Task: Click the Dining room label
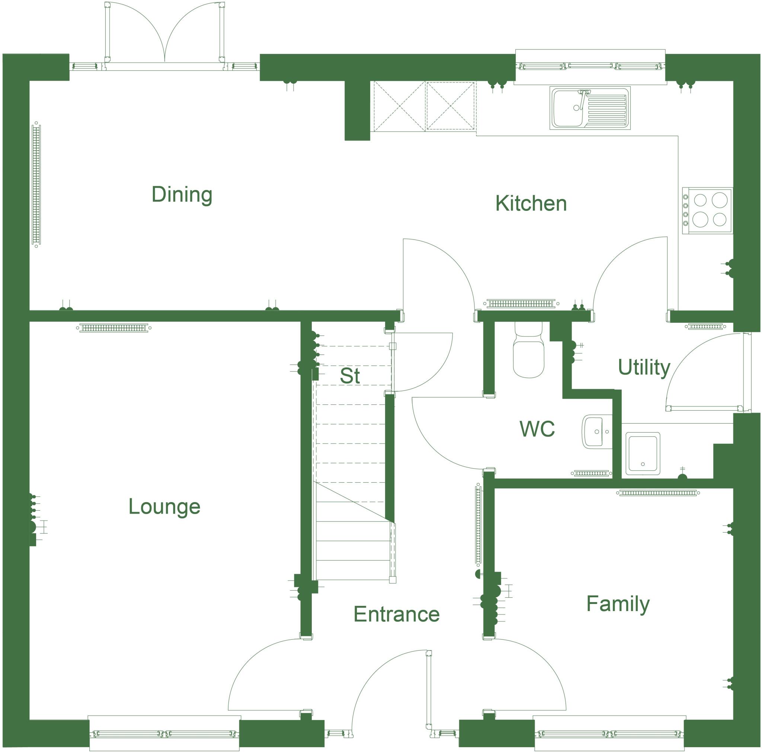(x=182, y=195)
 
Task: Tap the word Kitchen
(x=531, y=203)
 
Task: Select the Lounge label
(x=164, y=507)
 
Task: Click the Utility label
(x=644, y=367)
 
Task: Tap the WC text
(x=537, y=429)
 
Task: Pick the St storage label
(x=350, y=376)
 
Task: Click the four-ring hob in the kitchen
(x=708, y=210)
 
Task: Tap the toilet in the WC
(x=528, y=351)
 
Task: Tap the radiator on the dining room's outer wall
(x=36, y=184)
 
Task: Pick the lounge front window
(x=164, y=734)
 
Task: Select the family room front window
(x=609, y=734)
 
